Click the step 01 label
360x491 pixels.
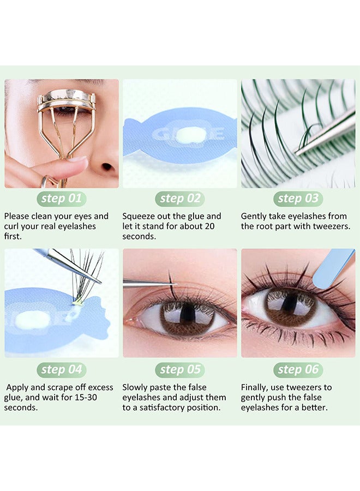coord(62,199)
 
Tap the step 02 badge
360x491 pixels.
coord(180,199)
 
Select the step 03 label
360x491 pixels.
coord(298,199)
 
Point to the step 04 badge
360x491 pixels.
coord(62,370)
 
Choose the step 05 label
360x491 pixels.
coord(180,370)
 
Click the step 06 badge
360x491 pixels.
coord(298,370)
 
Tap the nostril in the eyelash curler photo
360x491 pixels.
coord(107,167)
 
